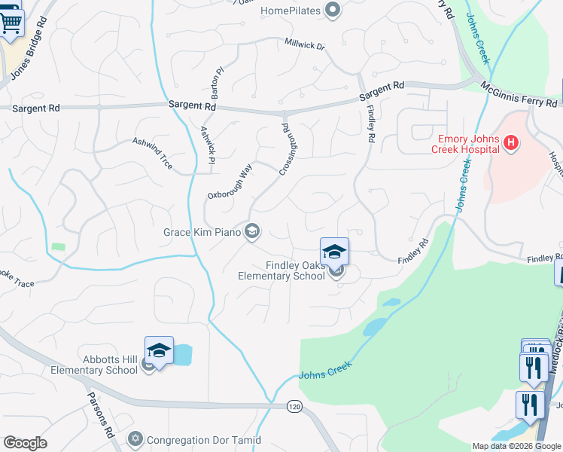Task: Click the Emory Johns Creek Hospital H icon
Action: pyautogui.click(x=511, y=142)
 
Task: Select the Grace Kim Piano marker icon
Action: pyautogui.click(x=253, y=231)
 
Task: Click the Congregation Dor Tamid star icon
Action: pyautogui.click(x=135, y=438)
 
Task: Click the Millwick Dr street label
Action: pyautogui.click(x=304, y=46)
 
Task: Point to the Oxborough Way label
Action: pyautogui.click(x=229, y=182)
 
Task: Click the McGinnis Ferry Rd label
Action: pyautogui.click(x=519, y=94)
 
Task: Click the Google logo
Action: pyautogui.click(x=25, y=443)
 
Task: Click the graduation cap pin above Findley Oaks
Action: pyautogui.click(x=334, y=252)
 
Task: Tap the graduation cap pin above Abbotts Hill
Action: pyautogui.click(x=159, y=350)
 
